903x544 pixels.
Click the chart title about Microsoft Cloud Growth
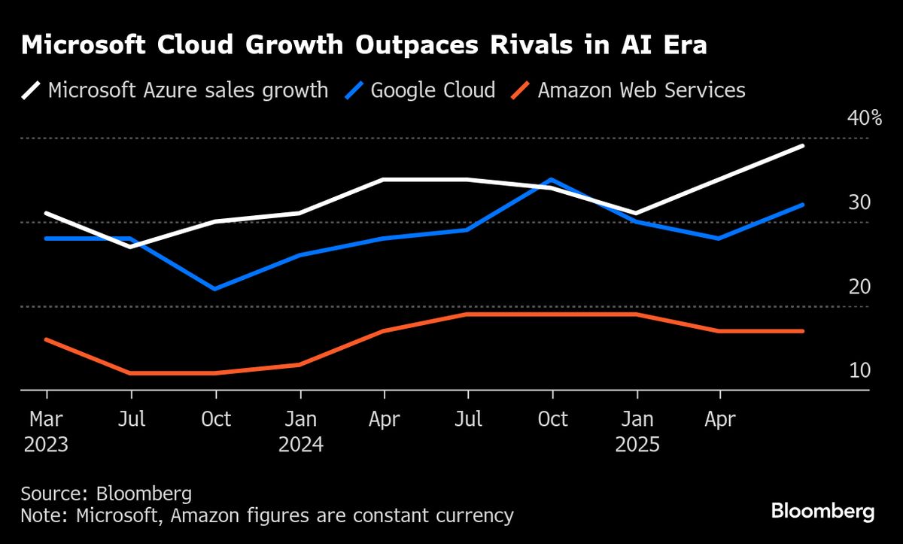click(364, 46)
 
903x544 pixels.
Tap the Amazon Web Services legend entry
click(628, 91)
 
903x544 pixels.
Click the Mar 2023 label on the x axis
click(46, 430)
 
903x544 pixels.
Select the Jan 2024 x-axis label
click(300, 430)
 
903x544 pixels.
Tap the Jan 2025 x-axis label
click(637, 430)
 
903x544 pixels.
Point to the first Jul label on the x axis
click(132, 419)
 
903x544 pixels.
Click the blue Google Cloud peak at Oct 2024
click(553, 180)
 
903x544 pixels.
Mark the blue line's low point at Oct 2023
click(216, 289)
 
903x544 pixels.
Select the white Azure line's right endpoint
click(804, 145)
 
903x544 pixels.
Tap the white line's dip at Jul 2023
click(132, 246)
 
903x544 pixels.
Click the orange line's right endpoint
click(804, 331)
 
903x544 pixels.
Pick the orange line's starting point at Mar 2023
click(47, 339)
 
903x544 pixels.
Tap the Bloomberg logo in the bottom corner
click(822, 512)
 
